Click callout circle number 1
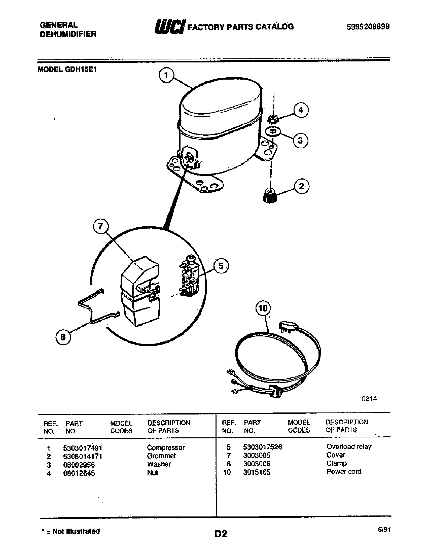[166, 75]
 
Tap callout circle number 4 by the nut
[301, 110]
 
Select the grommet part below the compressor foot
[270, 196]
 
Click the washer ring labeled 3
[273, 131]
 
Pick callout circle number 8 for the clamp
[63, 337]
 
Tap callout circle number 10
[263, 308]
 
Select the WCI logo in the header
[170, 26]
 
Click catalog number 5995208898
[368, 27]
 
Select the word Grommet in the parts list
[161, 456]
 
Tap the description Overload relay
[349, 447]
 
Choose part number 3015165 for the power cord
[257, 472]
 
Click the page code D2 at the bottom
[221, 534]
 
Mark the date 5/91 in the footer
[384, 530]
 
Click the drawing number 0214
[369, 399]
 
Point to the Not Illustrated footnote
[71, 531]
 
